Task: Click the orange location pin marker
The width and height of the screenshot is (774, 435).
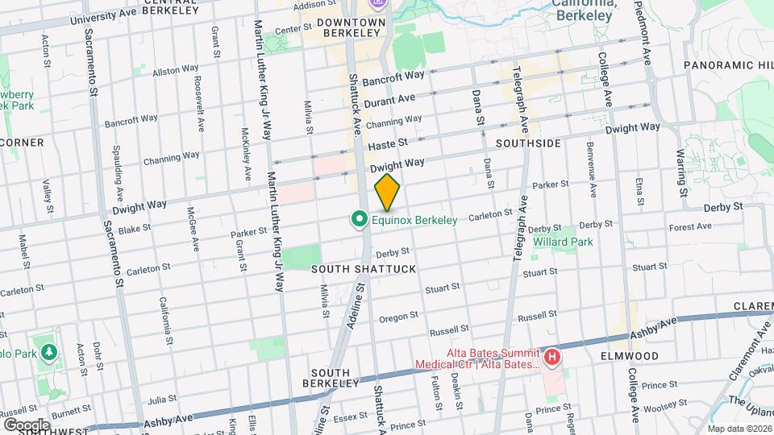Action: [x=388, y=192]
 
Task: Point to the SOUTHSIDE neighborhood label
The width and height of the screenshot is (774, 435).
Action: [x=528, y=143]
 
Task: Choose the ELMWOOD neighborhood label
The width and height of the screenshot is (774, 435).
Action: [x=630, y=355]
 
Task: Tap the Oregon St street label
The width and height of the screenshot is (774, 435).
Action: [x=399, y=317]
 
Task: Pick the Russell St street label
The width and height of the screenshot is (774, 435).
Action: [x=449, y=330]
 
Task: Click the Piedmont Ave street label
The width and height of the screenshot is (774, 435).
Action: [x=647, y=33]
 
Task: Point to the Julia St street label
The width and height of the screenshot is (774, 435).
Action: [x=162, y=398]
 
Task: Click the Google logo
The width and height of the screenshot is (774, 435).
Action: [x=27, y=425]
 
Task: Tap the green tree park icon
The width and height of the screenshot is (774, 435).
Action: [x=50, y=352]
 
